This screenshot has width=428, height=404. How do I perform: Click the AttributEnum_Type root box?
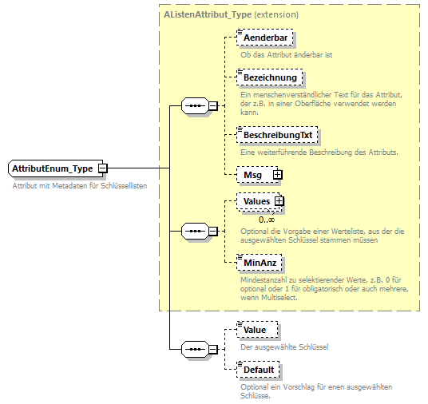52,169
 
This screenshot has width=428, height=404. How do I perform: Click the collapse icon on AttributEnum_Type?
102,169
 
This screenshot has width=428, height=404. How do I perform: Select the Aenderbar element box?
265,38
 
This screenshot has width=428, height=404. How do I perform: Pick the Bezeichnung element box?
270,77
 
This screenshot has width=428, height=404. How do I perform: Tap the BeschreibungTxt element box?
277,136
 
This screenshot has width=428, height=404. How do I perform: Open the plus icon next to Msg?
277,174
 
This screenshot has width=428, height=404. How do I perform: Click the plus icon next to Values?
279,202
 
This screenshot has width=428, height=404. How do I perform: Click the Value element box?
256,330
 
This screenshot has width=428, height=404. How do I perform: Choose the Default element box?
259,370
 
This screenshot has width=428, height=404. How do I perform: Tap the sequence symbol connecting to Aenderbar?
195,106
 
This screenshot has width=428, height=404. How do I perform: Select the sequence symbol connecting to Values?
195,232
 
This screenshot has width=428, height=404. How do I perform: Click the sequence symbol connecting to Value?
195,350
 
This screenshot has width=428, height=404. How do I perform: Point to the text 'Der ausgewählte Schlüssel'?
284,347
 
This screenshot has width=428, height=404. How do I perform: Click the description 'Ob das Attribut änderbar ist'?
286,55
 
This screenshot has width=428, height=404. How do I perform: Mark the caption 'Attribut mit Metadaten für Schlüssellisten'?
80,185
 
